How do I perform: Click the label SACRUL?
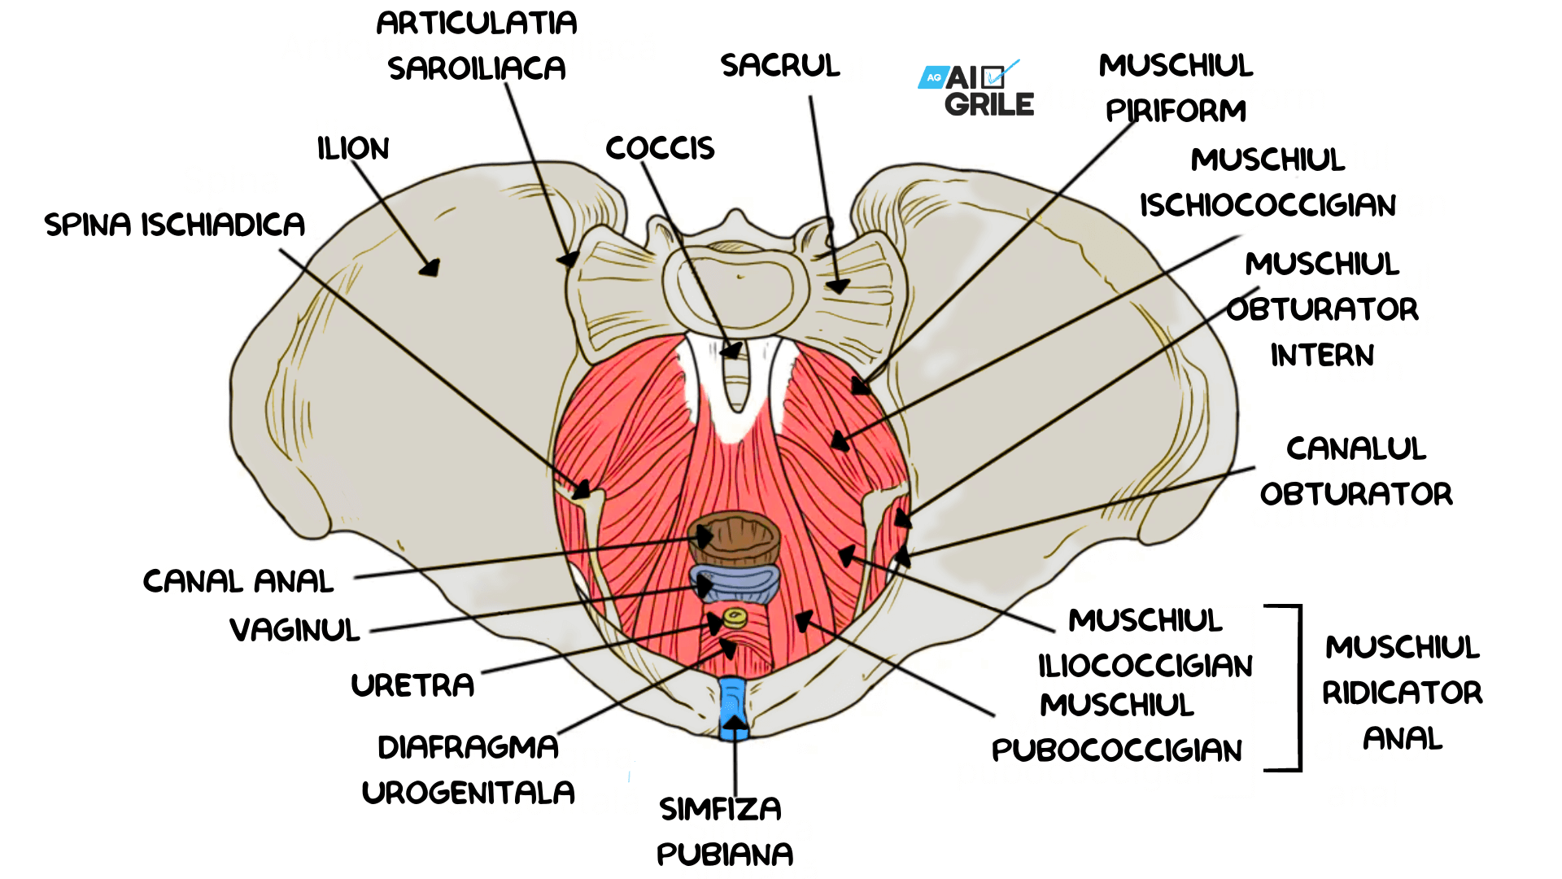point(780,65)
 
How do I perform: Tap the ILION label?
point(353,148)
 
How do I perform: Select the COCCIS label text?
point(660,148)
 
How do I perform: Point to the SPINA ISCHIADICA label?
point(175,224)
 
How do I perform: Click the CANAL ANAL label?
point(238,581)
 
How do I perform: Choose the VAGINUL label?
point(295,630)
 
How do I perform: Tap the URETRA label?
point(412,685)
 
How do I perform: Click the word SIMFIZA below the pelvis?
point(720,809)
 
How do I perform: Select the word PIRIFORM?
point(1176,111)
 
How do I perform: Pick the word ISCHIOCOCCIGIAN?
point(1267,205)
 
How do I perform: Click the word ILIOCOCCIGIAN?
point(1145,666)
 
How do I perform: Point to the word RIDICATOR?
point(1403,693)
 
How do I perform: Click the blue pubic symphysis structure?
point(733,707)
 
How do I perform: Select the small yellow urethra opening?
point(735,618)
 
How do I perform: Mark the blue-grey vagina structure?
point(735,584)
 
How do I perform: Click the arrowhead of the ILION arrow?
point(430,267)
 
